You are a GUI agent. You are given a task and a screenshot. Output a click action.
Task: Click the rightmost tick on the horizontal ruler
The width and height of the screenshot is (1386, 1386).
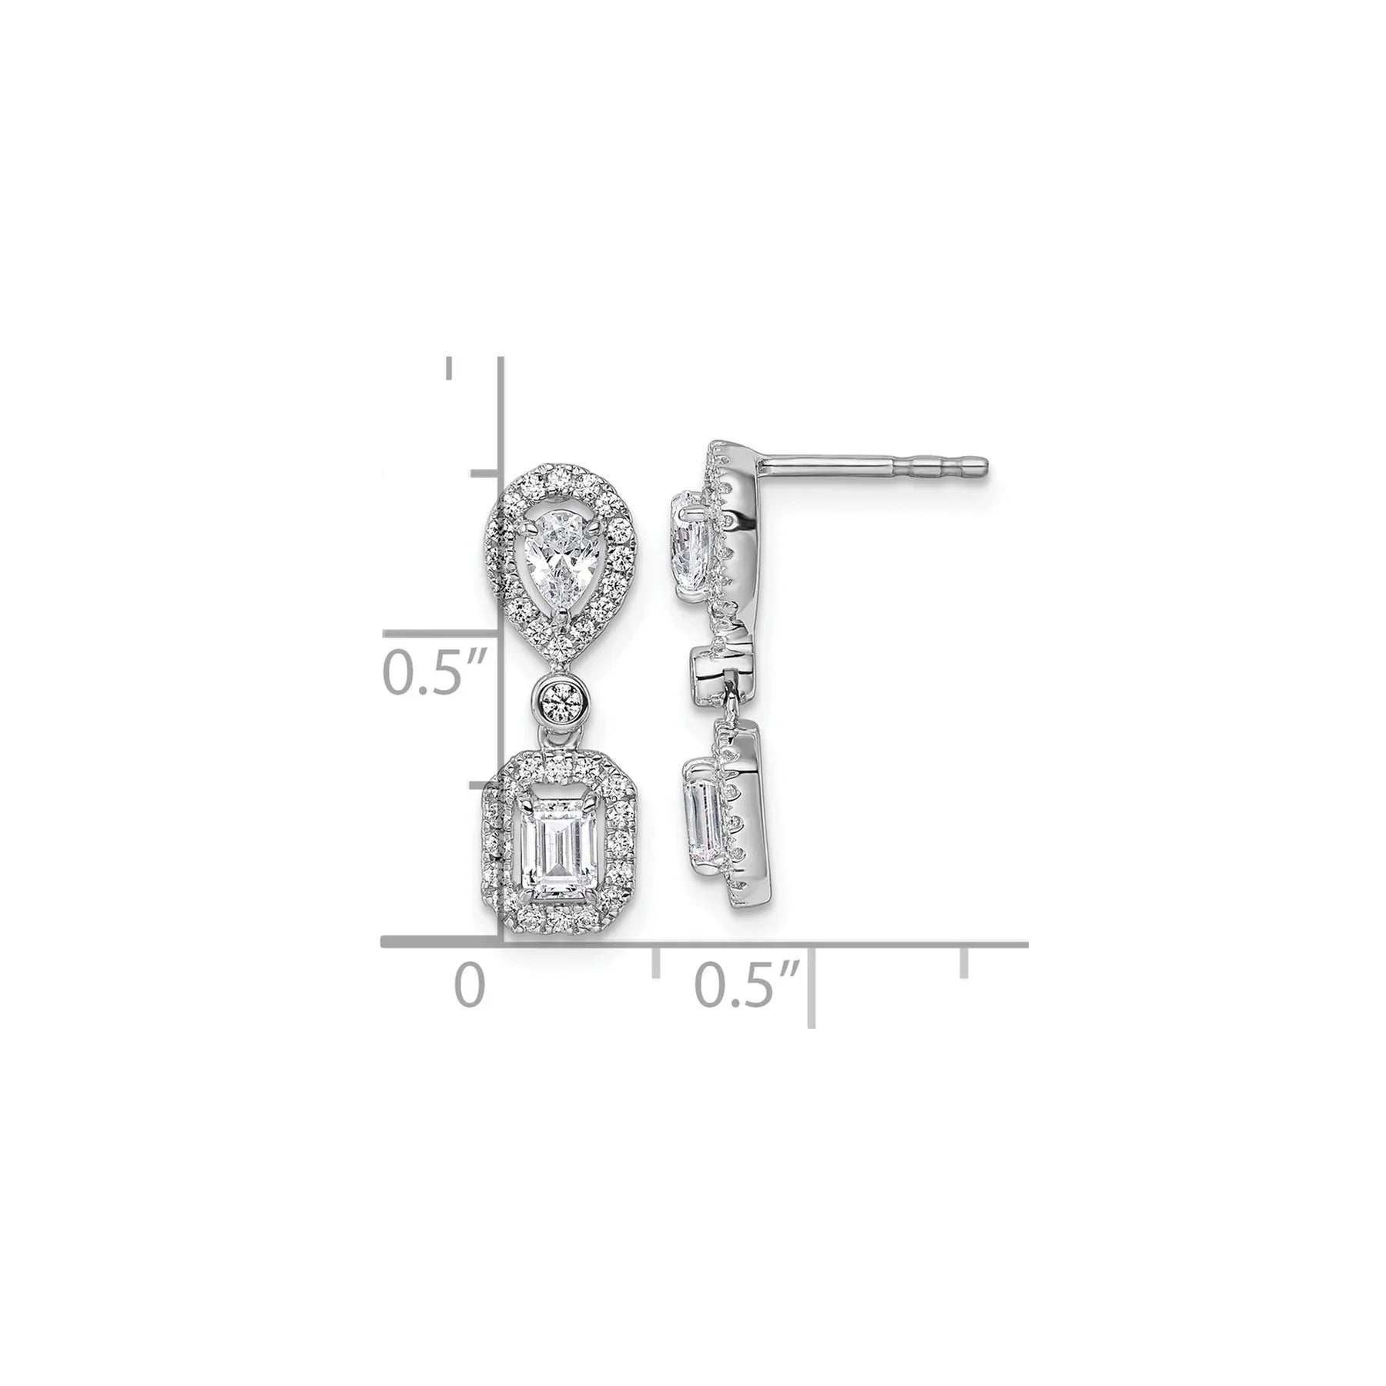(963, 962)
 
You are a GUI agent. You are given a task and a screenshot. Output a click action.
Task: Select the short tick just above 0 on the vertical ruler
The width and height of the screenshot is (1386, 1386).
(487, 786)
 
